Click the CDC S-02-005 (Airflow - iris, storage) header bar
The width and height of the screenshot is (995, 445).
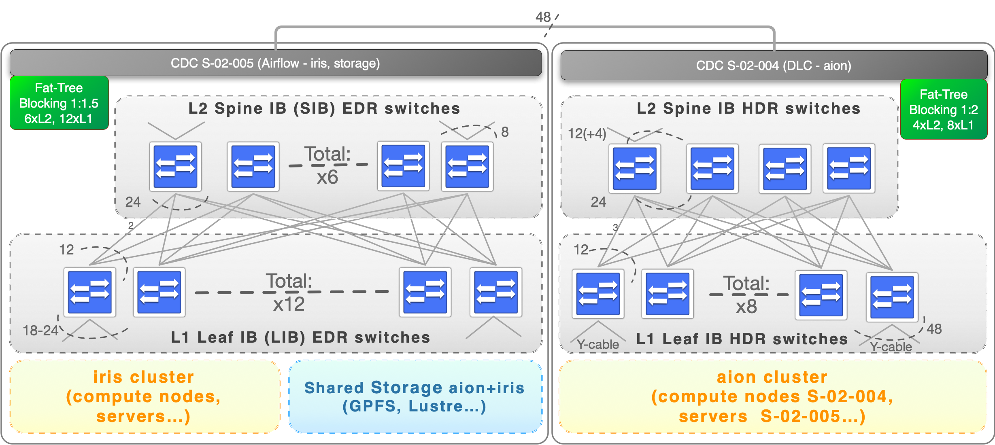coord(275,63)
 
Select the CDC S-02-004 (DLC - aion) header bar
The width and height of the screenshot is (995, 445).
coord(773,66)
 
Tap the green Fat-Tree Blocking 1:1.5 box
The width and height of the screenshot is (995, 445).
coord(59,103)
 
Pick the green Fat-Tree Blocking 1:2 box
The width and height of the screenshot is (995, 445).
coord(943,110)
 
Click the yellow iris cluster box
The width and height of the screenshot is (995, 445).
coord(144,396)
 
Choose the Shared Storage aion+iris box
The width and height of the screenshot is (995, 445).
coord(415,396)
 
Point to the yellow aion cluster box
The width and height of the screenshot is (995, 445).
coord(772,396)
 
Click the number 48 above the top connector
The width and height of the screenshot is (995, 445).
coord(543,17)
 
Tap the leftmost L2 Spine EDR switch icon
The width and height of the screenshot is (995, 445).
coord(175,166)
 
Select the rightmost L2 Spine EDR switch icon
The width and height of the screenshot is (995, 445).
coord(467,166)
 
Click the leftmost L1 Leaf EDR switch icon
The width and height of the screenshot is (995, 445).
coord(90,292)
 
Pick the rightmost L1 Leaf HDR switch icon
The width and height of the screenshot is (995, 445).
coord(892,297)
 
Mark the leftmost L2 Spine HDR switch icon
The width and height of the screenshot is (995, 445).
coord(635,169)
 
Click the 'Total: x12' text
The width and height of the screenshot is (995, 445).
coord(289,292)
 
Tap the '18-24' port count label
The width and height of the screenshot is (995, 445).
coord(40,331)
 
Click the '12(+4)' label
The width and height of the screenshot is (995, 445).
coord(587,133)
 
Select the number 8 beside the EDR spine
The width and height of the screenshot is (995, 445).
coord(505,132)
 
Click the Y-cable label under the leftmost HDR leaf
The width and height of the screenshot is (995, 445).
coord(598,345)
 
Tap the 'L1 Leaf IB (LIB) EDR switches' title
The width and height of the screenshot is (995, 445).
coord(300,337)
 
